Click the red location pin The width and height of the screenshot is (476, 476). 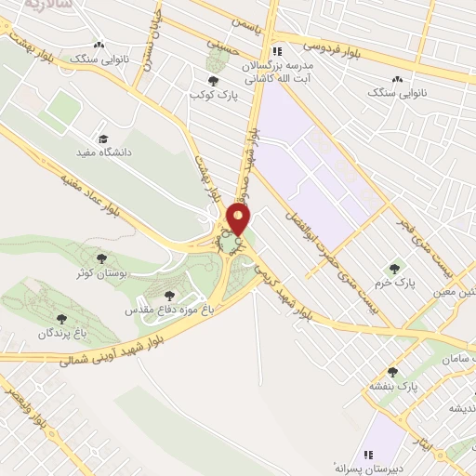pyautogui.click(x=239, y=219)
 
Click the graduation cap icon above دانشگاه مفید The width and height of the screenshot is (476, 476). pyautogui.click(x=100, y=137)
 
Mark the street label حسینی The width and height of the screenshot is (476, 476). pyautogui.click(x=221, y=37)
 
